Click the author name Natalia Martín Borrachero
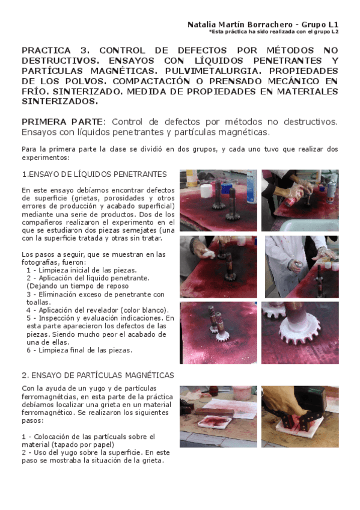pyautogui.click(x=240, y=25)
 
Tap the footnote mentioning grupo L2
pyautogui.click(x=273, y=32)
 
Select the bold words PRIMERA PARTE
pyautogui.click(x=62, y=122)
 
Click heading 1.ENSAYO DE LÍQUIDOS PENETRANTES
pyautogui.click(x=94, y=174)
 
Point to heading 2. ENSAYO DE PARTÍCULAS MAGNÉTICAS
pyautogui.click(x=98, y=375)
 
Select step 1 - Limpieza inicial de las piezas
pyautogui.click(x=82, y=270)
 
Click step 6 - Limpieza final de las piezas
pyautogui.click(x=79, y=350)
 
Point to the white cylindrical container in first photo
pyautogui.click(x=206, y=191)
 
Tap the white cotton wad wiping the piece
pyautogui.click(x=209, y=253)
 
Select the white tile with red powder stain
pyautogui.click(x=215, y=422)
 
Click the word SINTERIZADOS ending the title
pyautogui.click(x=59, y=102)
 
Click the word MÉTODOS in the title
pyautogui.click(x=290, y=51)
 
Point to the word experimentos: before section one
pyautogui.click(x=46, y=158)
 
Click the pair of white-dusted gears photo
pyautogui.click(x=218, y=333)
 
